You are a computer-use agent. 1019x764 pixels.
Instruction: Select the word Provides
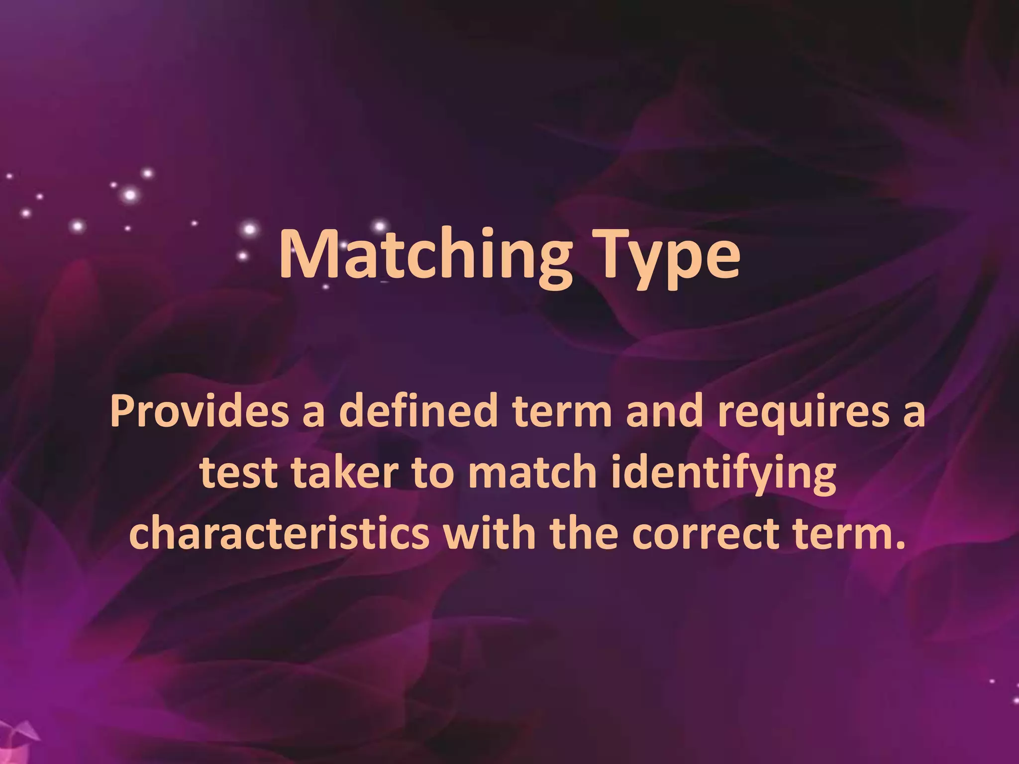199,412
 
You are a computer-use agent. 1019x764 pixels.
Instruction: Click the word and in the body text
664,411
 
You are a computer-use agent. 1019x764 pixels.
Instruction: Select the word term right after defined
562,412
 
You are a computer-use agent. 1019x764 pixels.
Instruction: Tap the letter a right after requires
914,415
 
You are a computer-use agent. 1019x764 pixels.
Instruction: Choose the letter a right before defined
313,415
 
